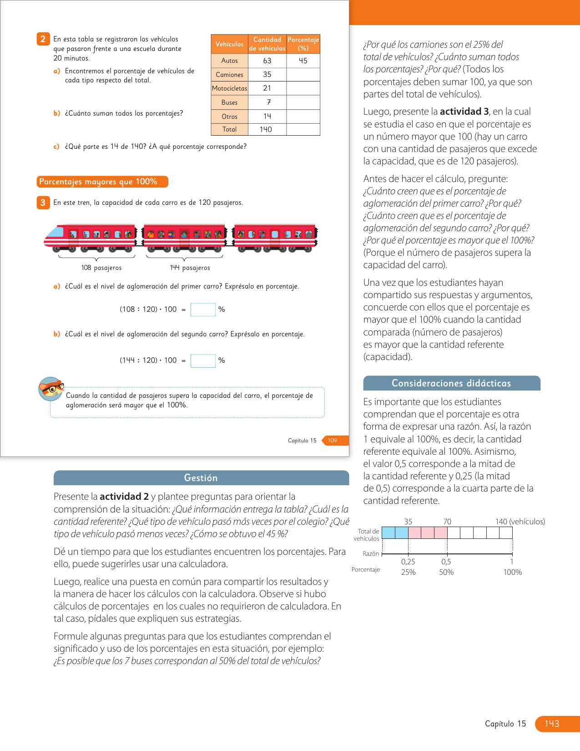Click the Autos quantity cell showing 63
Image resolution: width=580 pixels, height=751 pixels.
click(x=267, y=61)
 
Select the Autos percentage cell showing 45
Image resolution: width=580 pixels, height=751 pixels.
click(x=303, y=61)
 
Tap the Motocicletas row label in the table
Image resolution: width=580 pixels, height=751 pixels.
click(x=230, y=88)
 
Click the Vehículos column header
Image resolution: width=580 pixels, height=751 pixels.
click(x=229, y=44)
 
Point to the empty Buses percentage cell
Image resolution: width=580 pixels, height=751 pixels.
click(x=303, y=102)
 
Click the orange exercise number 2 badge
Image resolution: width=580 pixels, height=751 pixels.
click(x=43, y=39)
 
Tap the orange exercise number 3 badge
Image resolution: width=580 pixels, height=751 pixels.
click(x=43, y=203)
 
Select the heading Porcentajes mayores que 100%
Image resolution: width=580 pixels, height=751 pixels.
click(x=102, y=182)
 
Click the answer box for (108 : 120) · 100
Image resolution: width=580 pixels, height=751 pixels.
click(x=203, y=310)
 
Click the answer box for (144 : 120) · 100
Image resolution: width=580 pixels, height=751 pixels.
click(x=203, y=360)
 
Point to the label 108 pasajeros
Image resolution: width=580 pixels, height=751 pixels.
click(x=101, y=268)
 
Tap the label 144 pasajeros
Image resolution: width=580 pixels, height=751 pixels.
click(x=190, y=268)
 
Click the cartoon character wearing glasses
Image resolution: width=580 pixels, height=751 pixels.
click(x=50, y=389)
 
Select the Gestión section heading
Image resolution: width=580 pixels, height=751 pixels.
click(x=201, y=478)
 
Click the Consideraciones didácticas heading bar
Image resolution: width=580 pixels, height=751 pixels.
click(x=451, y=383)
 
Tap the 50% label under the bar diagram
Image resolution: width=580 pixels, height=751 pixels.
click(x=446, y=572)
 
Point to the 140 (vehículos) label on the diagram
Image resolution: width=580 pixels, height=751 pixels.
click(x=520, y=522)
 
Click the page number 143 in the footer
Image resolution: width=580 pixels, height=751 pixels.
click(x=552, y=724)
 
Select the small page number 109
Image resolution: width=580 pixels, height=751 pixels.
click(x=333, y=440)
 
